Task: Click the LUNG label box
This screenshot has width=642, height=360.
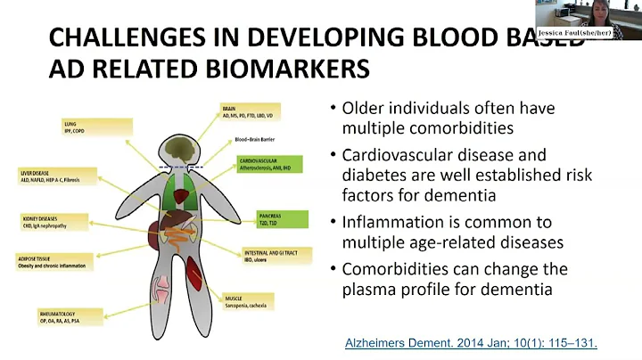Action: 89,127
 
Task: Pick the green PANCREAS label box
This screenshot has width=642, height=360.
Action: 276,218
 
